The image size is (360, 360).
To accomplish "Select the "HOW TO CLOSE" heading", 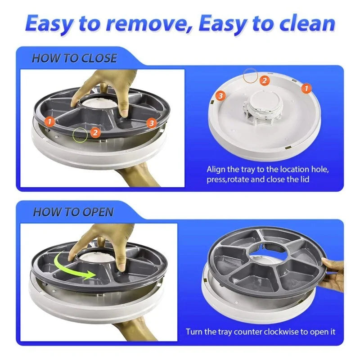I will click(74, 58).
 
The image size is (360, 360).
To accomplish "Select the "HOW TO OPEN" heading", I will click(73, 212).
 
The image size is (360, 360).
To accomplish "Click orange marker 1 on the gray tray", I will click(50, 121).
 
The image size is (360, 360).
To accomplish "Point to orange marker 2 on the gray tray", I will click(95, 132).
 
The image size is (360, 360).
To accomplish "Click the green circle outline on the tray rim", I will click(81, 133).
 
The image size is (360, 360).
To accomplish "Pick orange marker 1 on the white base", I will click(306, 89).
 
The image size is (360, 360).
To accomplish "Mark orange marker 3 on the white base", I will click(220, 95).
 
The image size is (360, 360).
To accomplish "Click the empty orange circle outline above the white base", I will click(250, 75).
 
